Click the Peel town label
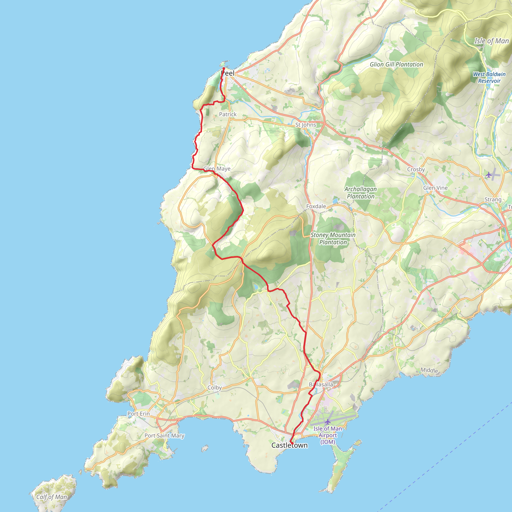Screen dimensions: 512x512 228,73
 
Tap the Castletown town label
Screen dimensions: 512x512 289,445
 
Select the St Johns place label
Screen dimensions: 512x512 305,124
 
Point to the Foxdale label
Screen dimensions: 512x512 316,206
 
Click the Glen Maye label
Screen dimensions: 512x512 217,168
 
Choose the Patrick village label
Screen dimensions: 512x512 228,114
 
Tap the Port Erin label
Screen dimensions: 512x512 138,413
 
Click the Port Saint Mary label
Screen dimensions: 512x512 164,435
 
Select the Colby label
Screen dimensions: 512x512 214,387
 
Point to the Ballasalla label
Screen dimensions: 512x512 321,384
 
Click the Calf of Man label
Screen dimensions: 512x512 52,497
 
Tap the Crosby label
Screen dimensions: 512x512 416,169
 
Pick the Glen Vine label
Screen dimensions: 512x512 435,188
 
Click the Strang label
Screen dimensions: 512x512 493,199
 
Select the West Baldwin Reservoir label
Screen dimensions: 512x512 489,77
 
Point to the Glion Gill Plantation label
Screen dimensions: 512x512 396,64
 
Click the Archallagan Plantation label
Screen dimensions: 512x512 360,193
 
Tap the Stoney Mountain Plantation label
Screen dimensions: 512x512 333,238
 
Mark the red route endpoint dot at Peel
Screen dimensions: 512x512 224,68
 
